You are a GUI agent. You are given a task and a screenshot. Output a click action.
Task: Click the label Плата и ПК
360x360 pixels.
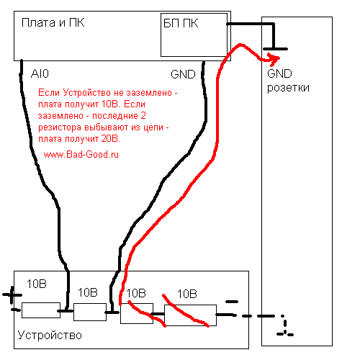(53, 23)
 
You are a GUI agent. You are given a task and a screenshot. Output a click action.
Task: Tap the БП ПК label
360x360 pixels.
(181, 24)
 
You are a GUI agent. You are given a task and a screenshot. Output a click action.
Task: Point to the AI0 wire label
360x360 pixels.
(40, 73)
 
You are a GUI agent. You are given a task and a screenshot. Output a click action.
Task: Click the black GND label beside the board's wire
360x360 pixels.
(183, 74)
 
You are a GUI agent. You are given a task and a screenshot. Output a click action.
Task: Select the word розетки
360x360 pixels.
(288, 88)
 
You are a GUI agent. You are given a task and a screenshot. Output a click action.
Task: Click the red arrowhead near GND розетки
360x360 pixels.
(274, 60)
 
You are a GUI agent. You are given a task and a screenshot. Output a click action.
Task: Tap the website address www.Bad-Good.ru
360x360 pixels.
(81, 154)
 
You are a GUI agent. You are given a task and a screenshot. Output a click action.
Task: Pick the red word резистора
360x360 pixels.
(60, 127)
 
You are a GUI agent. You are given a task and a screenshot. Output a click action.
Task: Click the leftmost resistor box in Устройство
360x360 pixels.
(41, 310)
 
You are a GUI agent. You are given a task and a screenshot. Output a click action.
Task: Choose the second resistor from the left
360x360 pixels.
(90, 312)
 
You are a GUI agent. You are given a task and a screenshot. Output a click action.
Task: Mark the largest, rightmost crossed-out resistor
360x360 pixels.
(190, 315)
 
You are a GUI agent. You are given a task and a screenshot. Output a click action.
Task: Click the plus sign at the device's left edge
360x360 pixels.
(12, 294)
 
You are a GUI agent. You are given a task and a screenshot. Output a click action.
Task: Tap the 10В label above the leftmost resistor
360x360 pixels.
(37, 284)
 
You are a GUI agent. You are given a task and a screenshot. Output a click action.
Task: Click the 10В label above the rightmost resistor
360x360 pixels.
(187, 294)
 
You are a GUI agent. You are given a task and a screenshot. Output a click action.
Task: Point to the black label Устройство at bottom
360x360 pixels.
(50, 335)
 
